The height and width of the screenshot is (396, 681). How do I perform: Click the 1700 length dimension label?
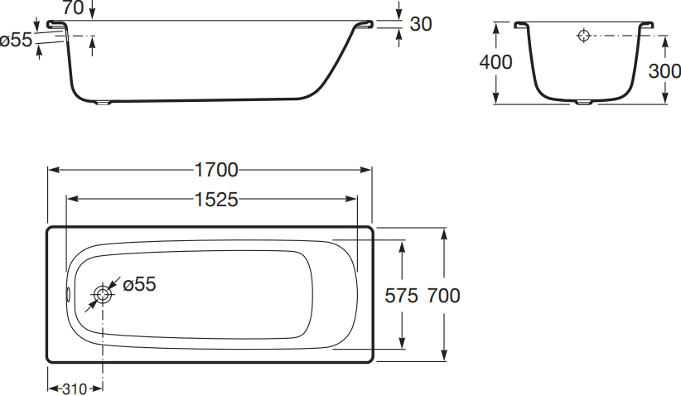pos(216,170)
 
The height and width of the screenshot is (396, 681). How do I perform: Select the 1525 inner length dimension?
pos(216,200)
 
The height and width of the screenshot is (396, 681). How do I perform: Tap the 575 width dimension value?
pos(401,296)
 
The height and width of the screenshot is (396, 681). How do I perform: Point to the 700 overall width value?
pos(444,296)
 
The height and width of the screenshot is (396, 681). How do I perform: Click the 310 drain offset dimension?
pos(75,389)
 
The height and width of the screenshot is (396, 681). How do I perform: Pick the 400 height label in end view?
pos(495,62)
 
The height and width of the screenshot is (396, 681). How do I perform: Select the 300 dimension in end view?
pos(664,70)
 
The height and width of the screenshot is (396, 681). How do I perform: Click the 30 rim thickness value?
pos(421,24)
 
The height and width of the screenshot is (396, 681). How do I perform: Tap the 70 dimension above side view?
pos(73,7)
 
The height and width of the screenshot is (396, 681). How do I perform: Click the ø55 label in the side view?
pos(16,40)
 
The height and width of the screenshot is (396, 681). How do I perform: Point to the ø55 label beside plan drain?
pos(139,284)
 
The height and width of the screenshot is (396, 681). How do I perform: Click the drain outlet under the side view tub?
pos(104,103)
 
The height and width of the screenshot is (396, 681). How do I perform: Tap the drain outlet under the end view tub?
pos(583,103)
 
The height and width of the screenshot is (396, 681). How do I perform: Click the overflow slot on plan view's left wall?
pos(68,295)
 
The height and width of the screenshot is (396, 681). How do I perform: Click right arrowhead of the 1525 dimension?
pos(351,200)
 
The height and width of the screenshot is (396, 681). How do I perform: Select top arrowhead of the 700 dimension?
pos(444,234)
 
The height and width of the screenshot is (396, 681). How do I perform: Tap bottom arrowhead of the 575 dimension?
pos(402,343)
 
